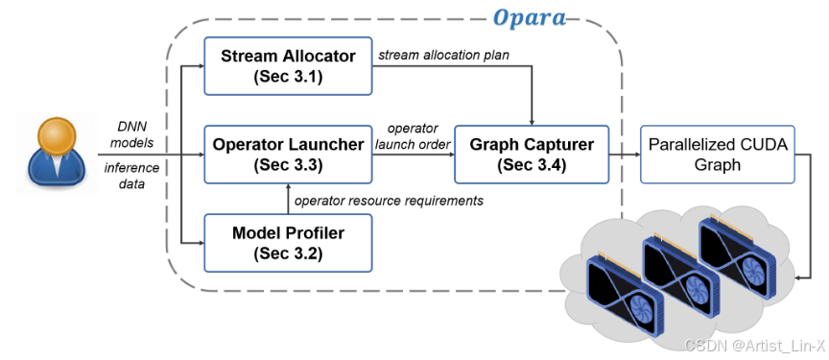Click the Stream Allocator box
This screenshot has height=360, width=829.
[288, 66]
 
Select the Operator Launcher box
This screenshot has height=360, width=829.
[288, 155]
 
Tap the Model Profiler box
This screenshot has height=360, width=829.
[288, 243]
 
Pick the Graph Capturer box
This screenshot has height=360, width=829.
[532, 155]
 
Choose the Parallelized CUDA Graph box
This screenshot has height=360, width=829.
[718, 155]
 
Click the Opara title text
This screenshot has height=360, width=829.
[529, 18]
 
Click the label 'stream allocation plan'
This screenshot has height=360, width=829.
[442, 55]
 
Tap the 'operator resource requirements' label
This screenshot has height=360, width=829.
[389, 201]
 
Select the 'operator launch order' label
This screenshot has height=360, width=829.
[413, 136]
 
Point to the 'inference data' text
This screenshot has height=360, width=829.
[131, 176]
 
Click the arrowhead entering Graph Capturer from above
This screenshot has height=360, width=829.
[532, 123]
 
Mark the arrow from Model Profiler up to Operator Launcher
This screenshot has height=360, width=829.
[288, 199]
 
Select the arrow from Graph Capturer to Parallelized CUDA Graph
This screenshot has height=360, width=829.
[625, 155]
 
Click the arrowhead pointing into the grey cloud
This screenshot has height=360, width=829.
[799, 277]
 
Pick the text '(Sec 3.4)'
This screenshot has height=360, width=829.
[532, 165]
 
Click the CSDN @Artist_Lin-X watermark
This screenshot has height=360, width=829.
[754, 346]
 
